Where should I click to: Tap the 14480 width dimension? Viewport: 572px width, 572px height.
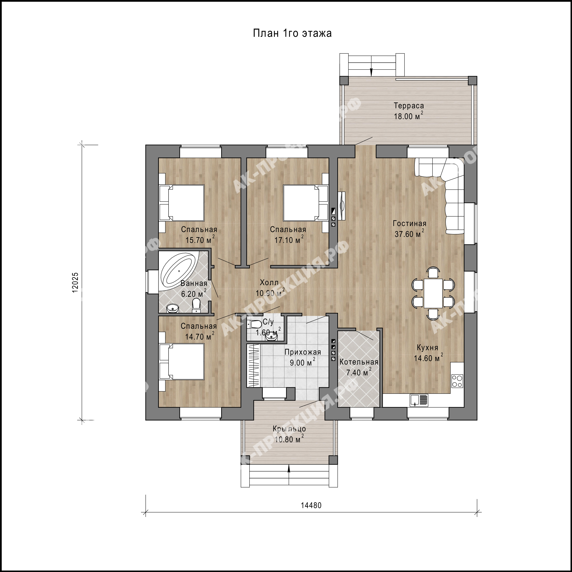pos(311,505)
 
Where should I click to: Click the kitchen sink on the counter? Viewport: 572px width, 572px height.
pos(419,400)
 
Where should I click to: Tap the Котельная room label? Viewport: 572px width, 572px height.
pos(359,362)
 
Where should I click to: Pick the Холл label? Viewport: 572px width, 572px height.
pos(269,282)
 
